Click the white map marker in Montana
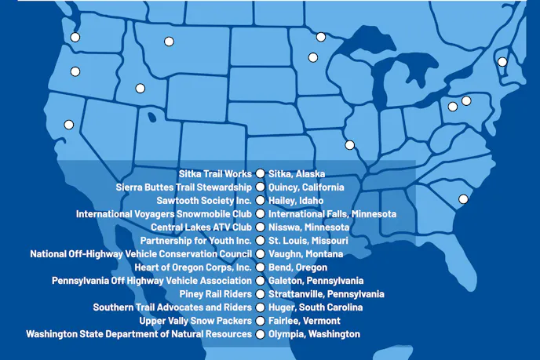tap(169, 42)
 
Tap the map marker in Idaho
tap(140, 89)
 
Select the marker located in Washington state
tap(75, 37)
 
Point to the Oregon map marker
tap(75, 71)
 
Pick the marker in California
tap(69, 124)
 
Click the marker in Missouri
tap(349, 144)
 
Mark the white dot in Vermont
tap(502, 62)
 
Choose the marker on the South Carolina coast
tap(463, 199)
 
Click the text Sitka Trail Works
tap(215, 174)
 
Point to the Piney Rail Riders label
tap(214, 294)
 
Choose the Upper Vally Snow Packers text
tap(195, 321)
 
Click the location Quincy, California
tap(306, 187)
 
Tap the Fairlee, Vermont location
tap(305, 321)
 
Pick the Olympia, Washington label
tap(314, 334)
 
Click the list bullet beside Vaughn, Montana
tap(260, 254)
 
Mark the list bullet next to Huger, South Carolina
tap(260, 307)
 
